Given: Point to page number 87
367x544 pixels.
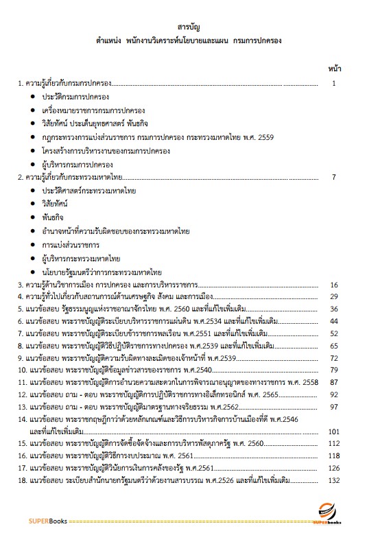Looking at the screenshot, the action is [x=334, y=381].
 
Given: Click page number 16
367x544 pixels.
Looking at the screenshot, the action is [x=334, y=284].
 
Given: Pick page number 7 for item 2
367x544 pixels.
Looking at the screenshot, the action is [x=333, y=178].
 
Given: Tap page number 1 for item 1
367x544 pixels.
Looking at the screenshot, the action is [x=333, y=83].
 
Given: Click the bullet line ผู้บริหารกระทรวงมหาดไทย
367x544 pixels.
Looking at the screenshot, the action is [x=81, y=259].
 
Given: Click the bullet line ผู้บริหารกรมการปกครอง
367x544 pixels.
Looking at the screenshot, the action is [x=77, y=165].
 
